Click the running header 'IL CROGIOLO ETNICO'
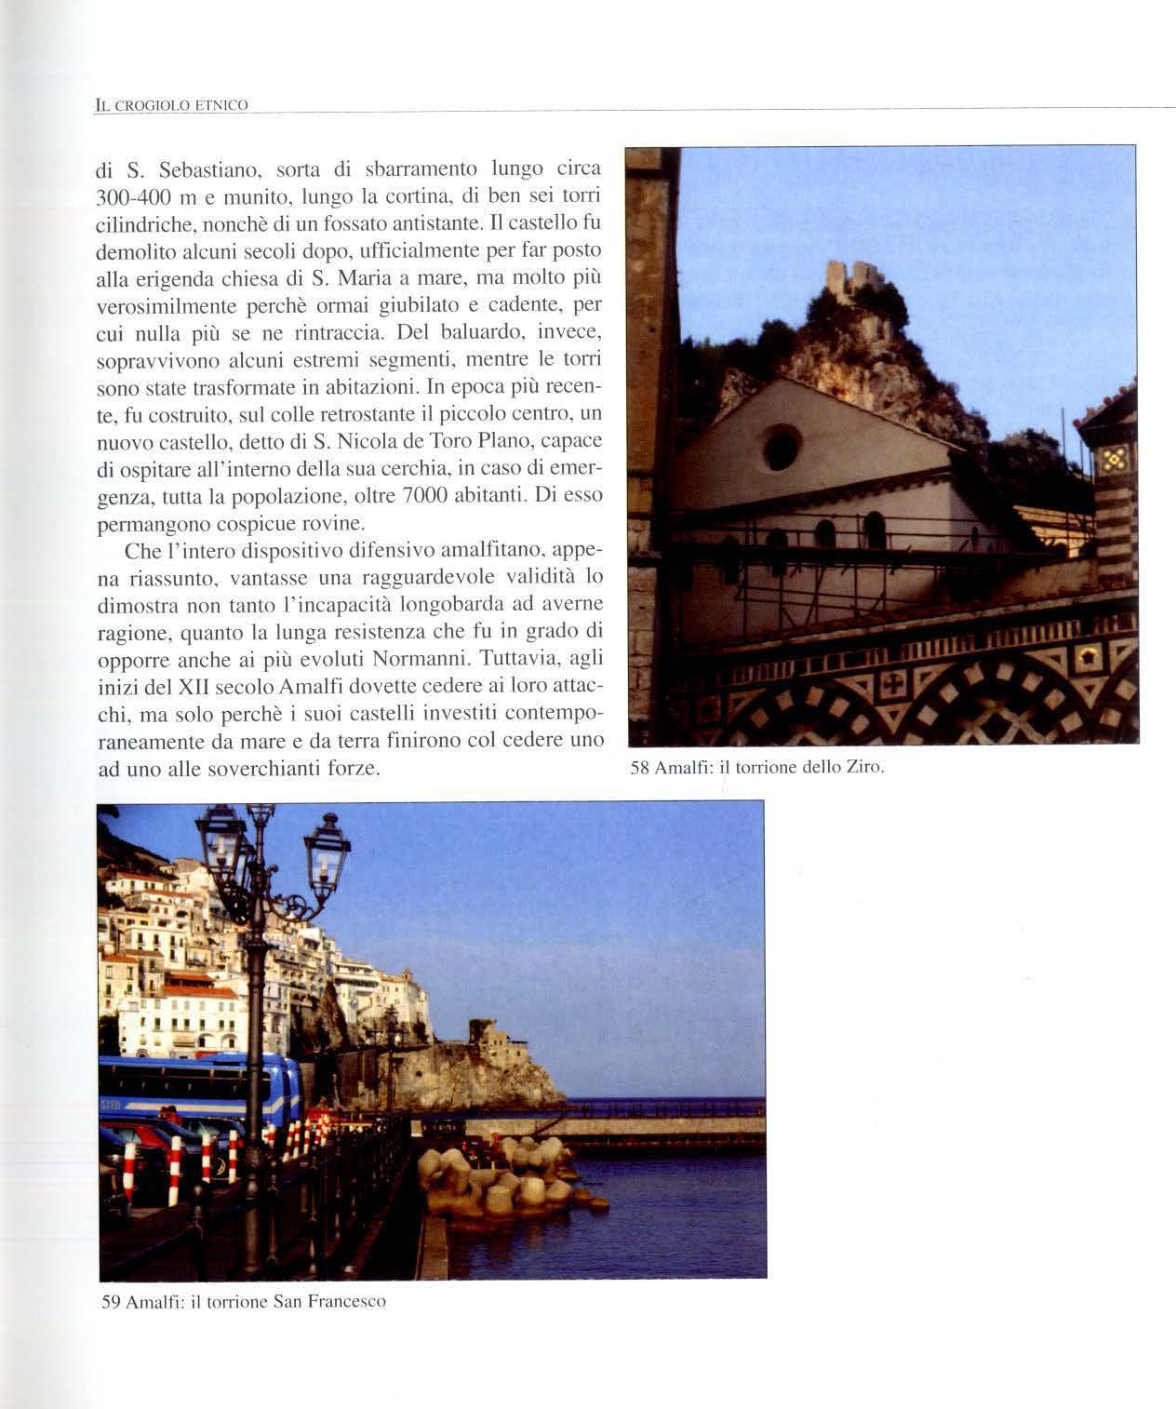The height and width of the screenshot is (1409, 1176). coord(172,105)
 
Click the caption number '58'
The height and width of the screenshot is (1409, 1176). coord(639,768)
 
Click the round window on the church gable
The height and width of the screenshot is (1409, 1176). coord(782,448)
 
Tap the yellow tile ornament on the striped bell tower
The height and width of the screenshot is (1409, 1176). coord(1115,459)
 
